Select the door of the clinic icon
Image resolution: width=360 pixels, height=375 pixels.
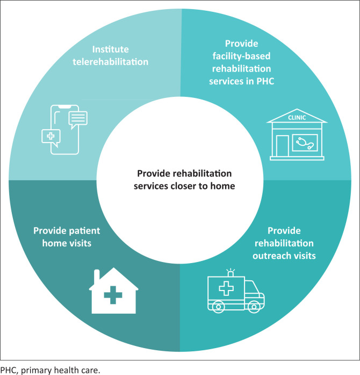coord(283,145)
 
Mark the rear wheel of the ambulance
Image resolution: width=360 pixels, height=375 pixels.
coord(219,306)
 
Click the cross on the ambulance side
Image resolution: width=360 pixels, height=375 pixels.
coord(225,288)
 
